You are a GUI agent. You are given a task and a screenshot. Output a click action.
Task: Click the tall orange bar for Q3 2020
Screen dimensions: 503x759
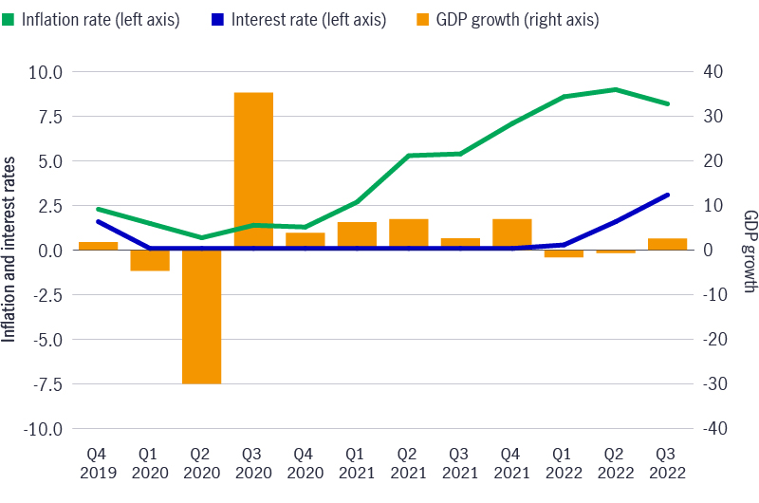253,171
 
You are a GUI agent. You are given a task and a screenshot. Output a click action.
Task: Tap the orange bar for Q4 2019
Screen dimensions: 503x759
99,246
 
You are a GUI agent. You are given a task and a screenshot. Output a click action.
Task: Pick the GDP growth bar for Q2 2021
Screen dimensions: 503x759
409,234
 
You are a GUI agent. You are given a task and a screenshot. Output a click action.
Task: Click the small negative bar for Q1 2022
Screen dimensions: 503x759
564,253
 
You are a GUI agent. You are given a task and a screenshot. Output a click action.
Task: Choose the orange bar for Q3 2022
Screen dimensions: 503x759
667,244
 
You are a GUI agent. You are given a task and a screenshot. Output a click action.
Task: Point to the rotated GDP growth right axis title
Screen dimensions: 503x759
750,250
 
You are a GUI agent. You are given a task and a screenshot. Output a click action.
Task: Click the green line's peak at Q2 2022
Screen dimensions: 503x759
616,89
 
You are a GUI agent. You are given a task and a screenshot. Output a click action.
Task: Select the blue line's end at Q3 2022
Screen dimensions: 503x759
668,195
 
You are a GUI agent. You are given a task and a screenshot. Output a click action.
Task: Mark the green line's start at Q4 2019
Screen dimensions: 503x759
99,209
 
